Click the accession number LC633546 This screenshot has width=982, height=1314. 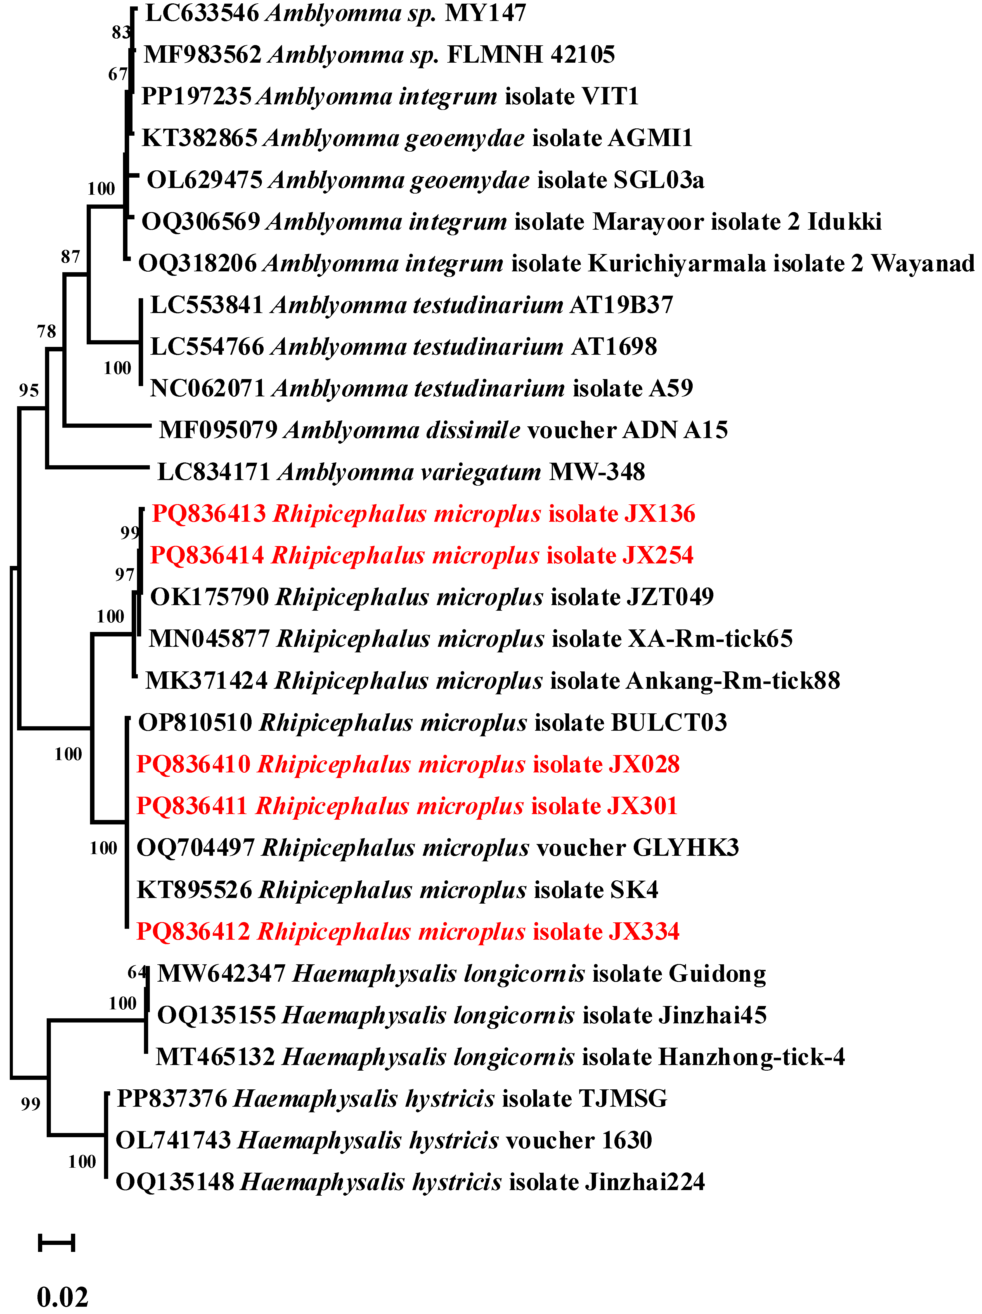coord(202,13)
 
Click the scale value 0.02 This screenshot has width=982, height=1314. coord(62,1296)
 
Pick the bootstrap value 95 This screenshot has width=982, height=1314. coord(29,390)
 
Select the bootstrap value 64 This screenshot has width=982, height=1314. coord(137,972)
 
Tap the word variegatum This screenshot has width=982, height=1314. coord(410,472)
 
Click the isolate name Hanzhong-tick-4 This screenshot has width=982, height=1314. coord(751,1057)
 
